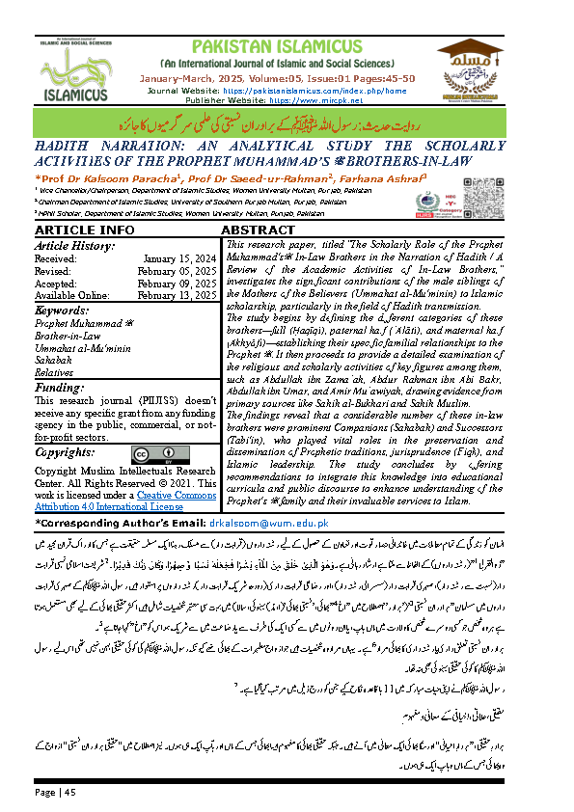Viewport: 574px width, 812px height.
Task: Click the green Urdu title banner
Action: pyautogui.click(x=287, y=123)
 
